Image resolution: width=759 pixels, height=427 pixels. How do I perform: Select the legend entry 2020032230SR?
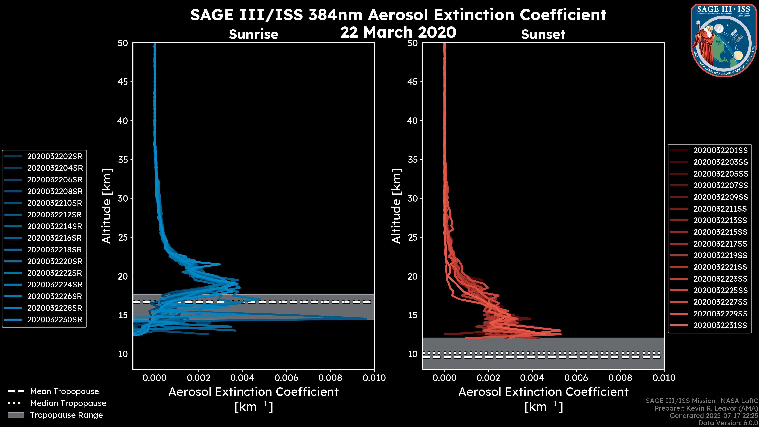(x=55, y=320)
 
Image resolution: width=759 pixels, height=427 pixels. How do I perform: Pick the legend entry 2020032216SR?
(x=55, y=238)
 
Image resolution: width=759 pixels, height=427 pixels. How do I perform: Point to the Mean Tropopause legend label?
(x=64, y=391)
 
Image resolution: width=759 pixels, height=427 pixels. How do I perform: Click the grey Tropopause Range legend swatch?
(x=16, y=415)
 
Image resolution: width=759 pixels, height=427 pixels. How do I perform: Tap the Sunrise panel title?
(x=253, y=34)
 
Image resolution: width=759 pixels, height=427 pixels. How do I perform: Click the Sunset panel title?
(x=543, y=34)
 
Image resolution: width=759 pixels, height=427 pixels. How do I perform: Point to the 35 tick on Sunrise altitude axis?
(x=123, y=160)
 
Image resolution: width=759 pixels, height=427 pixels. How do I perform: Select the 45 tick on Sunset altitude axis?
(x=413, y=82)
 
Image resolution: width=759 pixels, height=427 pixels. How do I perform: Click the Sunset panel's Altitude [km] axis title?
(x=396, y=206)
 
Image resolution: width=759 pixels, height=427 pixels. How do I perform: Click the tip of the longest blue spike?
(x=366, y=318)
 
